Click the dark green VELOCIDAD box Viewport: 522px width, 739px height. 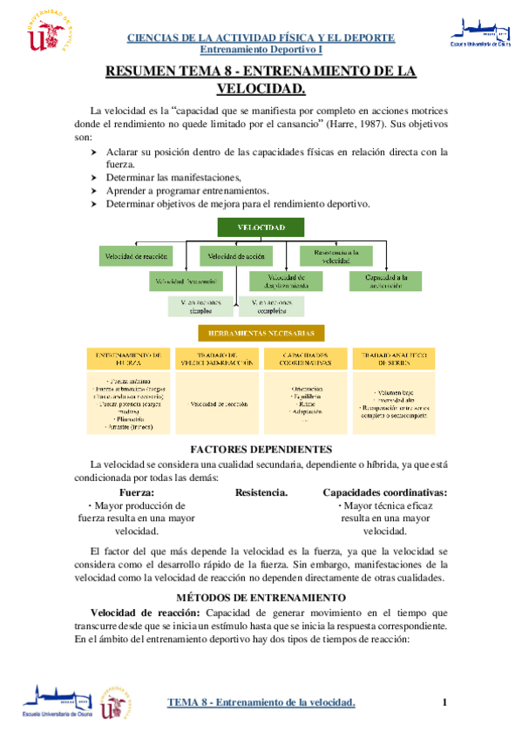261,227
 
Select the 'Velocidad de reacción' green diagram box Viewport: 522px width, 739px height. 137,256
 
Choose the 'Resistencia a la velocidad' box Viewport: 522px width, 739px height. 336,255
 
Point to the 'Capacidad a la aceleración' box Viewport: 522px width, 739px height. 385,281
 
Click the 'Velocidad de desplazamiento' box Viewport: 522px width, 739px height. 286,281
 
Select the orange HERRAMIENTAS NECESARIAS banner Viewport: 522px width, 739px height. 261,334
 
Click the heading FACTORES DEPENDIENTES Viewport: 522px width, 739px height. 261,449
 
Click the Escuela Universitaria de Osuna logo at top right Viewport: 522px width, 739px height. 476,31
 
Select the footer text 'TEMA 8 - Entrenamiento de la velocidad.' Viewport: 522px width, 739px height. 261,702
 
